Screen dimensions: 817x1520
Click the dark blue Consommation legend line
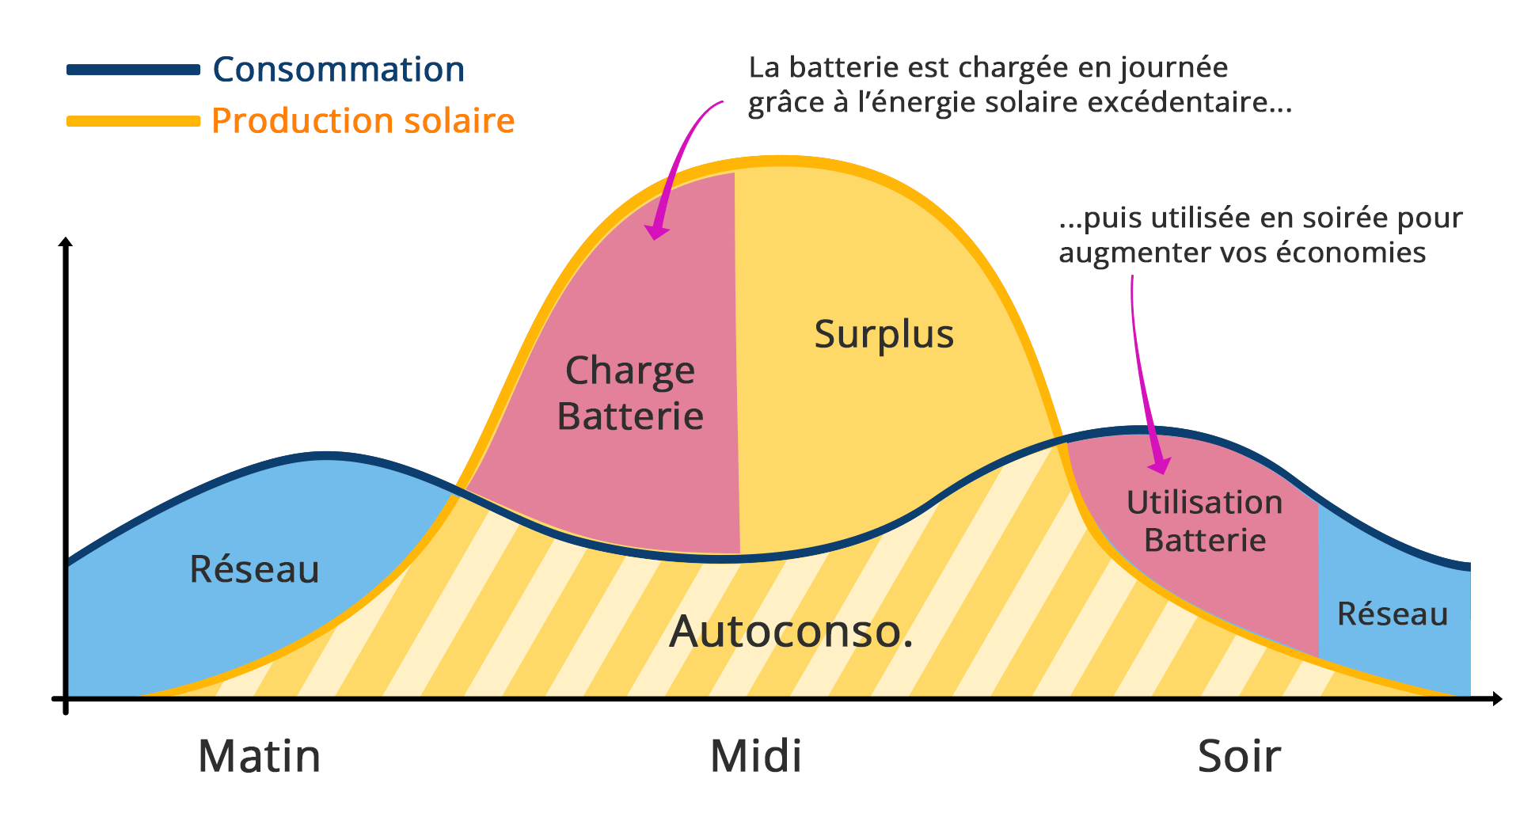point(133,70)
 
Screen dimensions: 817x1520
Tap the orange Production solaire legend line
point(133,121)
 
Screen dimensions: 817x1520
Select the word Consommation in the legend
point(339,70)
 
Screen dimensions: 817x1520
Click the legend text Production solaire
point(363,121)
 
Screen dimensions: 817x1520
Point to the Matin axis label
point(260,756)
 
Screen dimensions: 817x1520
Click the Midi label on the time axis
point(756,756)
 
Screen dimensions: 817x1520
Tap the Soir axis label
point(1239,756)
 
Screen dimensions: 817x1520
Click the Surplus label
point(884,334)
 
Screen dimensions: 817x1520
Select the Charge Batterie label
point(630,393)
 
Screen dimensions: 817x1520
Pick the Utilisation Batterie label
point(1205,521)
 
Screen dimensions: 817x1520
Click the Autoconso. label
point(791,632)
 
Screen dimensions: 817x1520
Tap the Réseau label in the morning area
point(255,569)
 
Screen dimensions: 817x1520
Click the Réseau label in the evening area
point(1393,614)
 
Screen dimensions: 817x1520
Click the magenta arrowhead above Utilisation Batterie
point(1160,465)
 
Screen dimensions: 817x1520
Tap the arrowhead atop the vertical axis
point(66,242)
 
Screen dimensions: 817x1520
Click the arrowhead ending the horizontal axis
point(1496,698)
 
